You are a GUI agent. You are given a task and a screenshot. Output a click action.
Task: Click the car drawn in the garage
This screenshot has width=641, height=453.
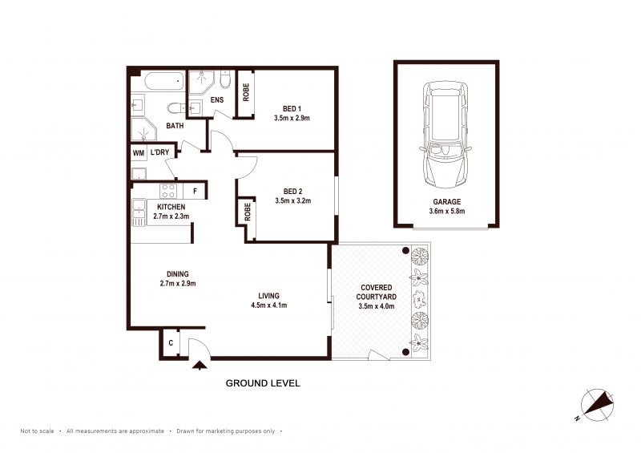tap(445, 134)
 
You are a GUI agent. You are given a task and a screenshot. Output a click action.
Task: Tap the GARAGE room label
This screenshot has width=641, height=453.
tap(447, 202)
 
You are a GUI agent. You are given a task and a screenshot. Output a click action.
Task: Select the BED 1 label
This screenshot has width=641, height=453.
tap(292, 109)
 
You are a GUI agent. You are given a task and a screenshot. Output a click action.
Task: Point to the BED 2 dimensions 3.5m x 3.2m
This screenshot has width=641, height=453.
tap(293, 201)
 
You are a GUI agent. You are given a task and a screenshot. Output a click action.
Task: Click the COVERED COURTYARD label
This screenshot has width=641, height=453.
tap(377, 292)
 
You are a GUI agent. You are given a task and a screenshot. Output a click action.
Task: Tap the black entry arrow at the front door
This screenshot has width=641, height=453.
tap(200, 365)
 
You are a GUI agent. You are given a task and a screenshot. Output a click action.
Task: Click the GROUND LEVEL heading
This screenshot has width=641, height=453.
tap(263, 383)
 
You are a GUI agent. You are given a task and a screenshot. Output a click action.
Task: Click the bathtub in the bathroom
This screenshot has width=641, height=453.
tap(164, 81)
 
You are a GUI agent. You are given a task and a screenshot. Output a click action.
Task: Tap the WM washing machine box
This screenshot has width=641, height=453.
tap(139, 153)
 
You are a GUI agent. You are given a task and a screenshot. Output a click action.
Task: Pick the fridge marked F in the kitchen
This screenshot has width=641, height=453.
tap(196, 191)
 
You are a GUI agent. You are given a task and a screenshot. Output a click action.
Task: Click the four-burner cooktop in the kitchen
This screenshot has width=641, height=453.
tap(168, 191)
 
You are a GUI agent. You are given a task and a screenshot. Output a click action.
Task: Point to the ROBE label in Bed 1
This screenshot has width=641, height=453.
tap(246, 92)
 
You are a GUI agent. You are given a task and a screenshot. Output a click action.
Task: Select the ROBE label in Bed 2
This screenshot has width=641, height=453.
tap(248, 212)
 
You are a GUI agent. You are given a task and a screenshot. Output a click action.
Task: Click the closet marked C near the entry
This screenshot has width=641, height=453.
tap(171, 343)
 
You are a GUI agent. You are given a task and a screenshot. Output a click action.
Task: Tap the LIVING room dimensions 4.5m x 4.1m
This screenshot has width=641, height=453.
tap(269, 305)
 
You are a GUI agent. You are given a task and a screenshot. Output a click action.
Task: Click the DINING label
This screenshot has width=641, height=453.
tap(178, 274)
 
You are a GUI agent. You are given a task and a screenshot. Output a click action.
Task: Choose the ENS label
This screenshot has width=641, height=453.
tap(217, 100)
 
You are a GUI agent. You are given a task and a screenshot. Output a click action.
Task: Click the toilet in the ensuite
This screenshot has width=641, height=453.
tap(225, 79)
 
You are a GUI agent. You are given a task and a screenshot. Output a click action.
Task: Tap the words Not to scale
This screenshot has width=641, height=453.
tap(37, 431)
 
